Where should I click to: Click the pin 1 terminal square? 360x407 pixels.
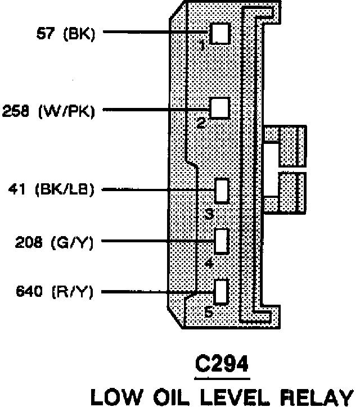(x=220, y=33)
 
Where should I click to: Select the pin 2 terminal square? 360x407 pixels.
(x=219, y=107)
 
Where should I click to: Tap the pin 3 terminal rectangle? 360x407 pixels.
(x=222, y=190)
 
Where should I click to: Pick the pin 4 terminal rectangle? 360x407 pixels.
(x=222, y=241)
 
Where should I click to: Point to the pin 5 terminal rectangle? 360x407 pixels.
(x=221, y=291)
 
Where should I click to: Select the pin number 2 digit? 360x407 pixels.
(x=201, y=123)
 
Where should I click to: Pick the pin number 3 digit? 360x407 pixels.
(x=209, y=214)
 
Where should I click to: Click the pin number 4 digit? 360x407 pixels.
(x=209, y=263)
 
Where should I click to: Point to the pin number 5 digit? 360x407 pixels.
(x=208, y=313)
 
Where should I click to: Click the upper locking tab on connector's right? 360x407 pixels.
(x=285, y=146)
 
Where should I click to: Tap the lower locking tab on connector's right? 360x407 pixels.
(x=285, y=192)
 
